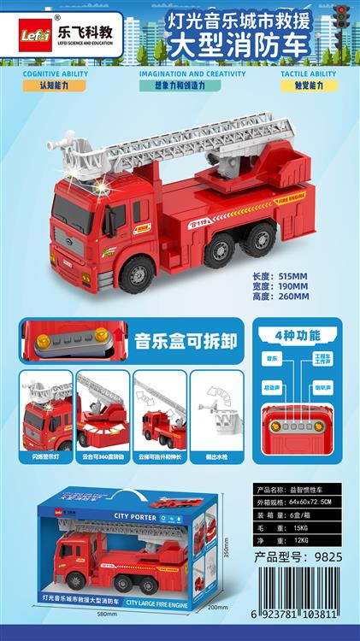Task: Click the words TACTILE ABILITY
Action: click(309, 74)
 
